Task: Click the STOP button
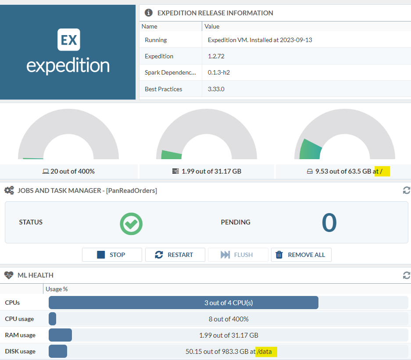click(x=112, y=255)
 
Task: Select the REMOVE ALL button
click(x=301, y=255)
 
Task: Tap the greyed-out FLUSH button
click(x=238, y=255)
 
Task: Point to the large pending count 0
click(x=329, y=222)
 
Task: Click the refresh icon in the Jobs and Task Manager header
click(x=407, y=190)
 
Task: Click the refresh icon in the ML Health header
click(x=407, y=275)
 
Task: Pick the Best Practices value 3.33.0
click(x=216, y=89)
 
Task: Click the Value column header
click(x=212, y=26)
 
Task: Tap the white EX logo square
click(x=68, y=40)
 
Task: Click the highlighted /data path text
click(x=267, y=351)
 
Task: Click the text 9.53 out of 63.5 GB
click(x=343, y=171)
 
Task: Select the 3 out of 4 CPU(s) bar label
click(x=229, y=303)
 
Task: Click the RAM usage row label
click(x=20, y=335)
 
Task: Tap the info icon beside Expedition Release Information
click(x=149, y=13)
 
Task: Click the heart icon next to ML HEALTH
click(x=9, y=275)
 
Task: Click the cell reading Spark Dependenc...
click(x=170, y=72)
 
